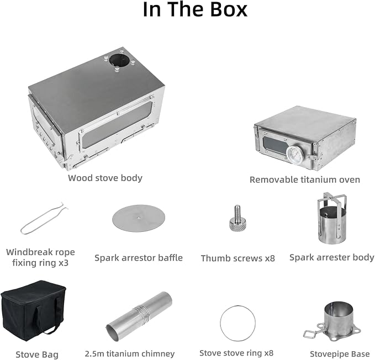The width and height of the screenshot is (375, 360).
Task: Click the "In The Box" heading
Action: (195, 9)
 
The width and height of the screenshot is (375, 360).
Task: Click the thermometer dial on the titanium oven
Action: (295, 153)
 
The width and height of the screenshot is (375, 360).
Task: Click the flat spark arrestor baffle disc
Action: (139, 218)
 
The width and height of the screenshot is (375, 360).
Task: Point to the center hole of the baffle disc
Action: (139, 218)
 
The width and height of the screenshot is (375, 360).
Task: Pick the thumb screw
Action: (237, 218)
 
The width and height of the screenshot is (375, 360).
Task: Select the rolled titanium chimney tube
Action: (139, 316)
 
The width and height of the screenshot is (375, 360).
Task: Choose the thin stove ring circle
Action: (237, 306)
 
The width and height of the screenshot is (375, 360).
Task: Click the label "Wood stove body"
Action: (105, 178)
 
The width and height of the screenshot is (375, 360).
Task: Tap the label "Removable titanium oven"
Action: (305, 179)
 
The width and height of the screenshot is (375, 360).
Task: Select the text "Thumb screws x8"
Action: (237, 258)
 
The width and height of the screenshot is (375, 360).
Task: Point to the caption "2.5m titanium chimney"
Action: (130, 353)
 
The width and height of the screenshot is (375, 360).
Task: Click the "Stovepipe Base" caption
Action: (340, 354)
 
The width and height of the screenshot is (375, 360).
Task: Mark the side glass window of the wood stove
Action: (117, 124)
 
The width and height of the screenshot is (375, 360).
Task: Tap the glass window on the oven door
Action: (275, 145)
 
